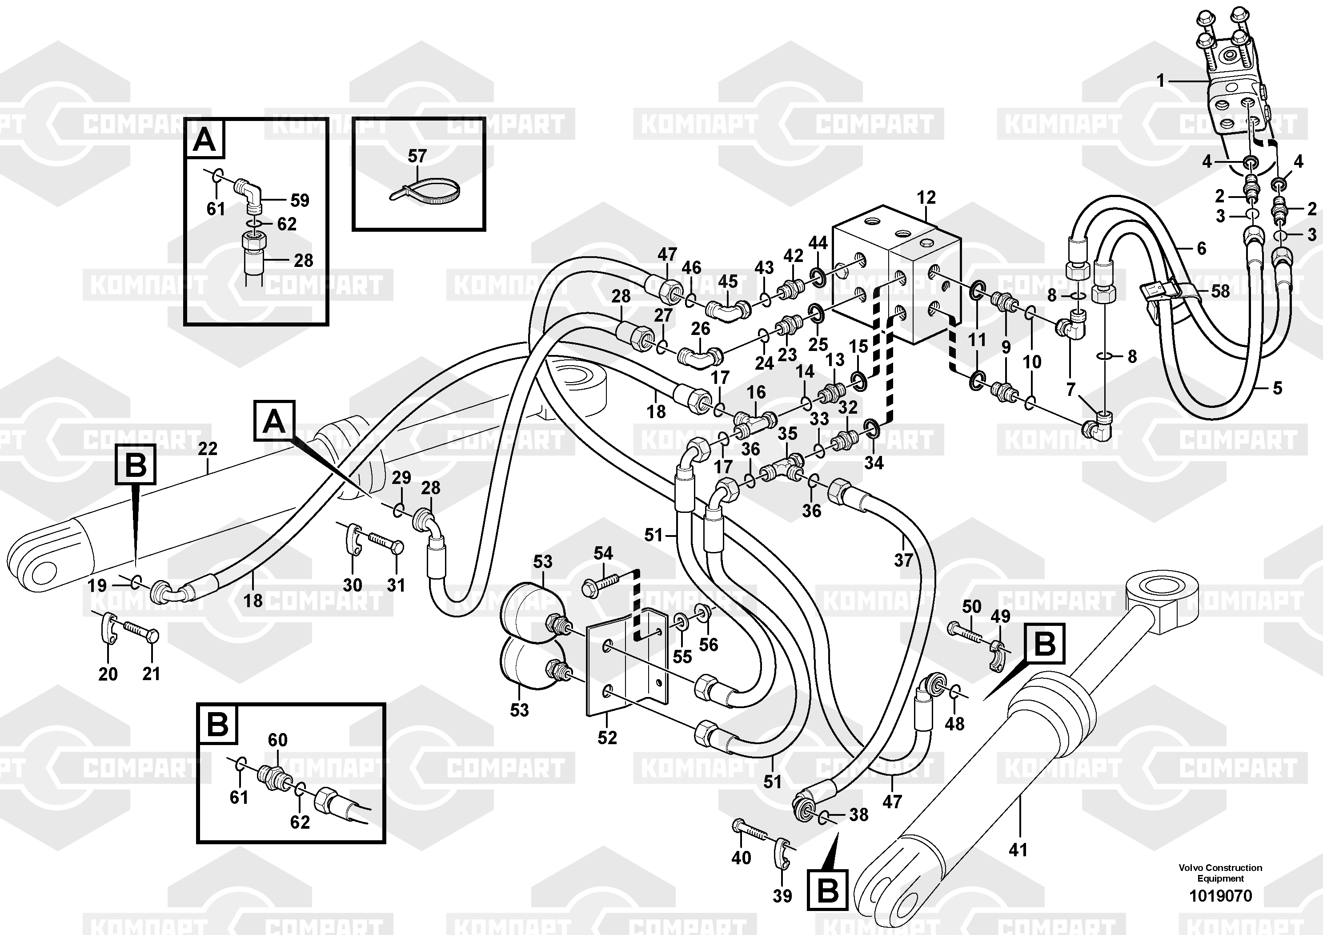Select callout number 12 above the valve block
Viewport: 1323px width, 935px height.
(926, 198)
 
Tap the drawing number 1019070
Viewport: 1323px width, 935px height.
(1220, 896)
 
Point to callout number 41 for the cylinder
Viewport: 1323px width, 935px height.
(1018, 849)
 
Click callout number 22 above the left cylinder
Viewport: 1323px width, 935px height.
(208, 448)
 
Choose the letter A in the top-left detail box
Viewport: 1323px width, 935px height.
(204, 140)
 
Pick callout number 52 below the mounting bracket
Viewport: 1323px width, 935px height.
(607, 737)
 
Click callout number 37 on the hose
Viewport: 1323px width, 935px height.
(903, 559)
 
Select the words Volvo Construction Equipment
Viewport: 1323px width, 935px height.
(1220, 873)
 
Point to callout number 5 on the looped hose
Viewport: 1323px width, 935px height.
(1278, 388)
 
